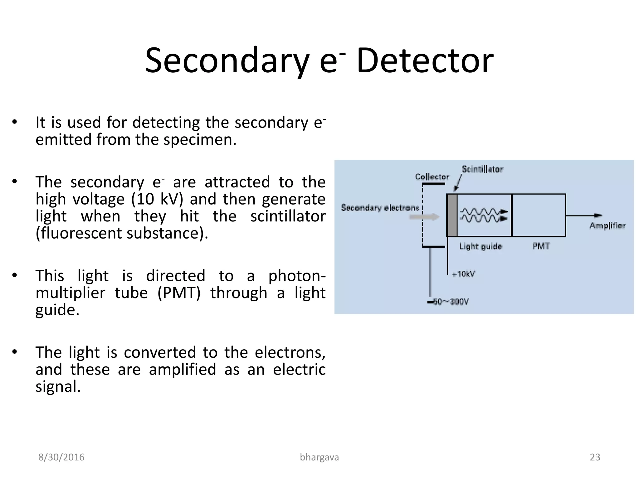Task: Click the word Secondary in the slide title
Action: pyautogui.click(x=227, y=61)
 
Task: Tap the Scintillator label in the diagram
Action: pyautogui.click(x=482, y=169)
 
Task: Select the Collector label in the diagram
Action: pyautogui.click(x=432, y=177)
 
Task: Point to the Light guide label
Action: pyautogui.click(x=480, y=246)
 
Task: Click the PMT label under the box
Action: pyautogui.click(x=541, y=246)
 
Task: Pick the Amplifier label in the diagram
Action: pyautogui.click(x=607, y=225)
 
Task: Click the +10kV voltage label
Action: pyautogui.click(x=464, y=274)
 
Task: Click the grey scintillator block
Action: pyautogui.click(x=452, y=215)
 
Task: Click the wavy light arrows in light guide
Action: pyautogui.click(x=483, y=215)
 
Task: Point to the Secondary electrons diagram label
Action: pyautogui.click(x=380, y=208)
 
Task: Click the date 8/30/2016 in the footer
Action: pyautogui.click(x=61, y=457)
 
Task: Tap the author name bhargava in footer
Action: pyautogui.click(x=319, y=457)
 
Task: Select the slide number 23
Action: pyautogui.click(x=595, y=457)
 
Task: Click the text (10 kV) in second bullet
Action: pyautogui.click(x=157, y=199)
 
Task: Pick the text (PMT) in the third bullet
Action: pyautogui.click(x=179, y=293)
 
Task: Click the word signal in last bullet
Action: pyautogui.click(x=58, y=386)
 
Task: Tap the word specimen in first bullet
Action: pyautogui.click(x=200, y=139)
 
